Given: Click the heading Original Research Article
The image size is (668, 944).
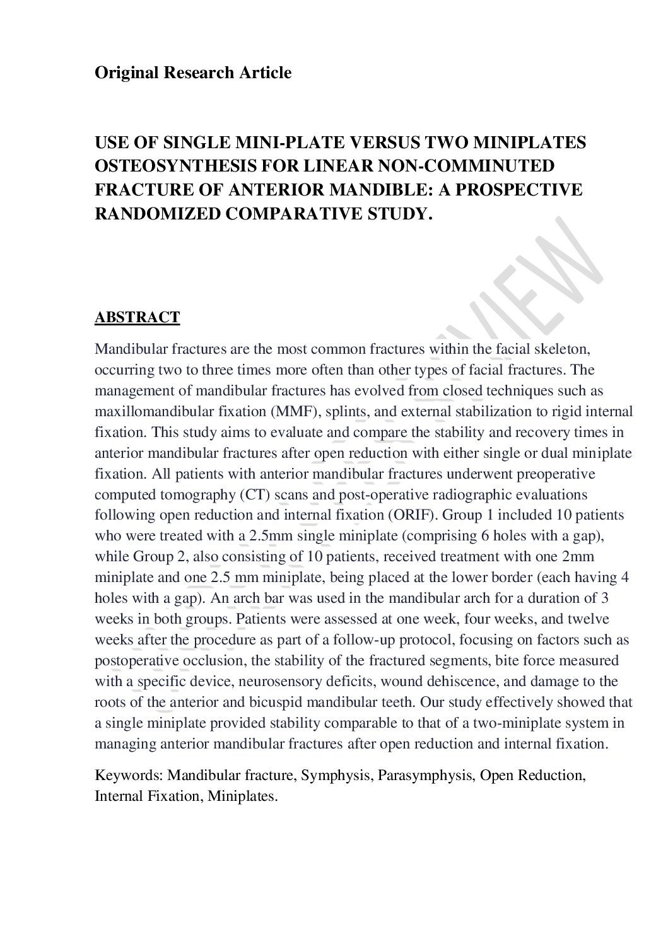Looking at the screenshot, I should coord(193,73).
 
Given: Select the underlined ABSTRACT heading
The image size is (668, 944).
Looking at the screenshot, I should coord(137,317).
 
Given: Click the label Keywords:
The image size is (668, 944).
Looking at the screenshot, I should coord(129,775).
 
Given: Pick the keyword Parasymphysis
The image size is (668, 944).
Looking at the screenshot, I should coord(425,775).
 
